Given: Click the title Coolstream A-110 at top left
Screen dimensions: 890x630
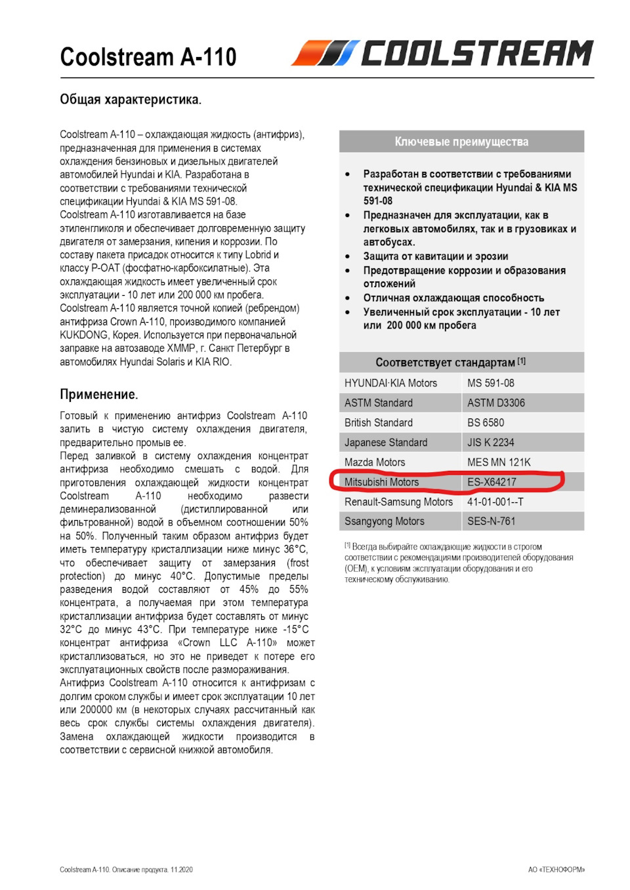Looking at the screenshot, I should (148, 57).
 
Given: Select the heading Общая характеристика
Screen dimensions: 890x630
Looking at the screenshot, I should (131, 100).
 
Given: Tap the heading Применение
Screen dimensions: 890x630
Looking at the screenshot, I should (99, 394).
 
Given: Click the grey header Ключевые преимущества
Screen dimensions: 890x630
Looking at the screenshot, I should (461, 142).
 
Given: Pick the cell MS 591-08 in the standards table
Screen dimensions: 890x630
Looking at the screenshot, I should (491, 383).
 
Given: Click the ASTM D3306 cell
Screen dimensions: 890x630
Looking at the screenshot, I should (496, 403).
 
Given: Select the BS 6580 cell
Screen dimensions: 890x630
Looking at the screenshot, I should (486, 422).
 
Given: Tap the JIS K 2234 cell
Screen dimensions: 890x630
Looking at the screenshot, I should (491, 442).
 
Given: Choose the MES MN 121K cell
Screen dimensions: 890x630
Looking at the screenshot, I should (499, 462).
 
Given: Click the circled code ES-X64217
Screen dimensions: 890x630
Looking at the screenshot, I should (492, 482).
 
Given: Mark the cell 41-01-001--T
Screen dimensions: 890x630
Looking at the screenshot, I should (495, 502).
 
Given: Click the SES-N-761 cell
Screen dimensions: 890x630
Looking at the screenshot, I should (492, 521).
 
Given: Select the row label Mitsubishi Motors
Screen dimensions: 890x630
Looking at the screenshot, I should (381, 482).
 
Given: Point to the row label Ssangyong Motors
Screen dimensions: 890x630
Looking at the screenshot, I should (385, 521).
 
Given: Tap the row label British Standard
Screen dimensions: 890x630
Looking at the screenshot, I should (379, 422).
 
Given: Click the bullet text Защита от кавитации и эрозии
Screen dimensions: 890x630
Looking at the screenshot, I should (436, 256).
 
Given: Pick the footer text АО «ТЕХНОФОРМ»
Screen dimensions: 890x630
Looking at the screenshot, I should (556, 870).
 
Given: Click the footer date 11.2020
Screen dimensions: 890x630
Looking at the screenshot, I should (182, 870).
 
